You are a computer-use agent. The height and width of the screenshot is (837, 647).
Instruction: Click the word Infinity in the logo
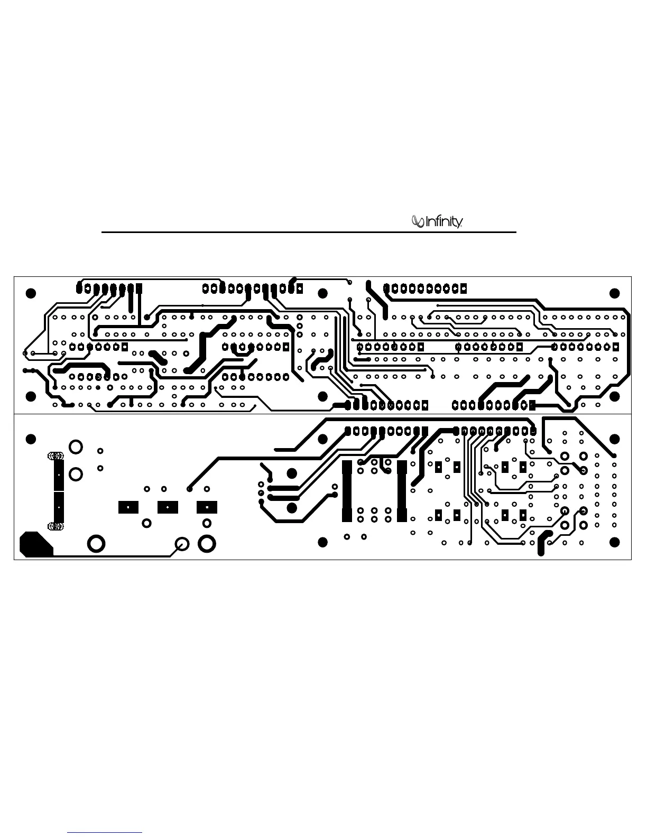(445, 222)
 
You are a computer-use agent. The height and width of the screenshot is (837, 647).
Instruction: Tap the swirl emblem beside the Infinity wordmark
(418, 222)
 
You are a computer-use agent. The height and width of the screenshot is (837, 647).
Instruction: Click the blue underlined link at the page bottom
(105, 832)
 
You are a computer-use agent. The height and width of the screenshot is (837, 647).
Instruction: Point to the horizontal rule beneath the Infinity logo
(308, 232)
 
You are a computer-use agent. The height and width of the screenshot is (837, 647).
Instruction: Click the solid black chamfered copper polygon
(35, 544)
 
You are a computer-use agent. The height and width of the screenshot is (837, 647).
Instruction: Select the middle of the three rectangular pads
(168, 507)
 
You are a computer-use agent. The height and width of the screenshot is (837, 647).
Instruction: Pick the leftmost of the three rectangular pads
(128, 507)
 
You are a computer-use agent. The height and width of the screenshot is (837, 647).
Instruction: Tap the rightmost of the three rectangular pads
(207, 507)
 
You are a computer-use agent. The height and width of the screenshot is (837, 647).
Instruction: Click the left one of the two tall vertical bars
(347, 491)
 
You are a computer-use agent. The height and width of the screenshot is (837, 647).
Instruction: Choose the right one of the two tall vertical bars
(402, 491)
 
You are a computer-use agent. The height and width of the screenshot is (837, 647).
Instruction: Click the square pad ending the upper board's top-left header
(139, 288)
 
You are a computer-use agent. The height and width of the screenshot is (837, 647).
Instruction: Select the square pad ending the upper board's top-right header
(464, 289)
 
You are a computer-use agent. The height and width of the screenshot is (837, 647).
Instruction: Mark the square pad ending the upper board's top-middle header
(300, 289)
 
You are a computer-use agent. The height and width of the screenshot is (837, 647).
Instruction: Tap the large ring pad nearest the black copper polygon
(96, 543)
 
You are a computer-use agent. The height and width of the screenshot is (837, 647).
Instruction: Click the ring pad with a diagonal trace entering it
(182, 544)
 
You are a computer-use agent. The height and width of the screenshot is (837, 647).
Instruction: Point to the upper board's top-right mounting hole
(614, 293)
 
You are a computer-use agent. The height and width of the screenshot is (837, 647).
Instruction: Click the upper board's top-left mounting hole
(31, 293)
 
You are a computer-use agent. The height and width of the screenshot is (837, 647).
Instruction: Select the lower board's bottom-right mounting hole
(614, 543)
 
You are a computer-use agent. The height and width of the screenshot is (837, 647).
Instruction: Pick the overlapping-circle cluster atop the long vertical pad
(56, 455)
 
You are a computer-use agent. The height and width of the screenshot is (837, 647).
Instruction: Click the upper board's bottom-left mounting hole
(31, 396)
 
